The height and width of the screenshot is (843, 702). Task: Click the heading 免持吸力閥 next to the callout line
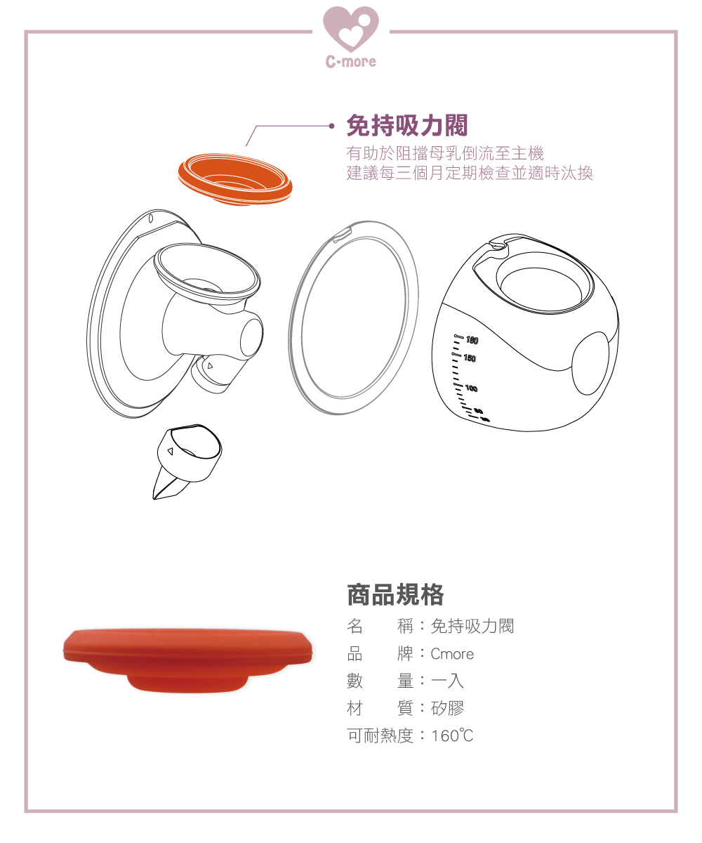407,126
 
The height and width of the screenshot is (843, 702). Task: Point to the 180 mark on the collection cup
472,340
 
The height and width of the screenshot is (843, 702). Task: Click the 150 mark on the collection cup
470,358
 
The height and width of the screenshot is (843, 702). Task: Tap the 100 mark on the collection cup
471,388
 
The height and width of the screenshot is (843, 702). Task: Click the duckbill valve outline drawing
187,462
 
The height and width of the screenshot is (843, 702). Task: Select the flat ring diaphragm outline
353,318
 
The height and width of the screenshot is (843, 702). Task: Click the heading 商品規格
395,595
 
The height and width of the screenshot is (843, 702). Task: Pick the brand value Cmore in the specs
452,654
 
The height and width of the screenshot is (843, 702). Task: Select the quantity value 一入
447,681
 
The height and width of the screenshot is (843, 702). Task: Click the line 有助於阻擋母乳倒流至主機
445,153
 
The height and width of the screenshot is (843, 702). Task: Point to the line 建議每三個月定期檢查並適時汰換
470,174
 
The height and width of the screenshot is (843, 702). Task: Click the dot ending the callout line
331,126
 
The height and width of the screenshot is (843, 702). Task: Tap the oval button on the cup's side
590,363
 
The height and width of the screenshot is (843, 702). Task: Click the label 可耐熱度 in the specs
380,736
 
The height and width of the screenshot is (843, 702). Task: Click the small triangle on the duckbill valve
171,452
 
